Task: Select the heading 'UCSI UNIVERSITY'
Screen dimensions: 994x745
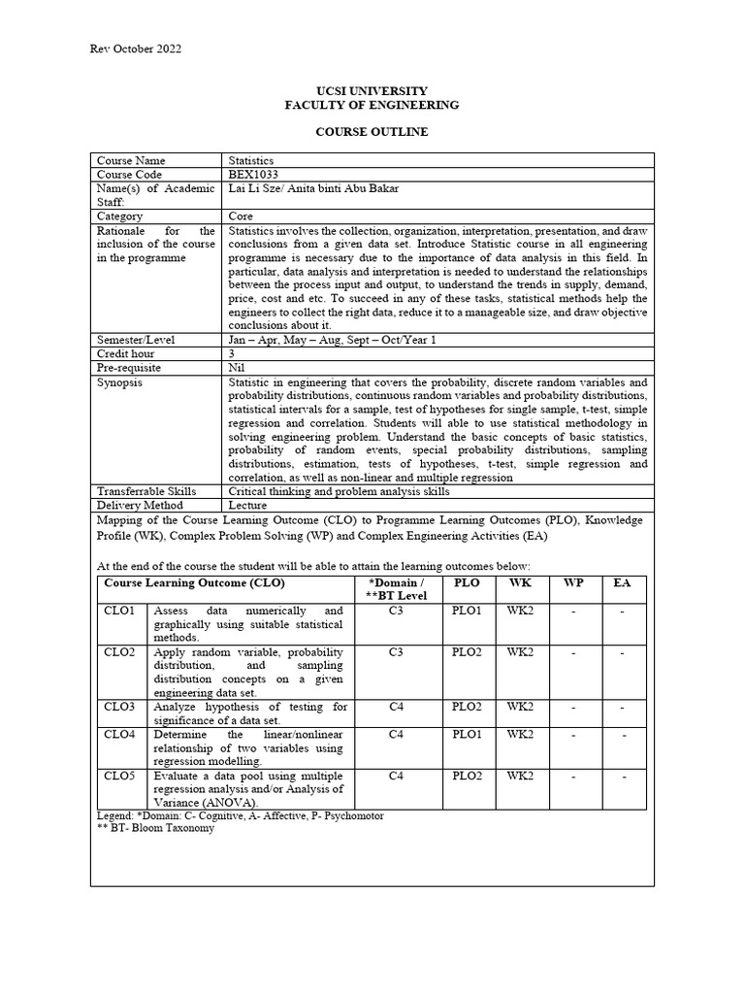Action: (372, 90)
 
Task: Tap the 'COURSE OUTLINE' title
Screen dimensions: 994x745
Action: (372, 131)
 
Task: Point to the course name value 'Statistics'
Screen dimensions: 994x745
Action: (251, 160)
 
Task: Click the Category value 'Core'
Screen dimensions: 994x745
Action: (241, 216)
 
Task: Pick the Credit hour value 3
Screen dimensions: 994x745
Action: (232, 355)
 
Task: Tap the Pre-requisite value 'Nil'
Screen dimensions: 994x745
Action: (236, 369)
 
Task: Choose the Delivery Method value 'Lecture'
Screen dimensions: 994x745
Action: (247, 506)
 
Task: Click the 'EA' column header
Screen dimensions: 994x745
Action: (622, 582)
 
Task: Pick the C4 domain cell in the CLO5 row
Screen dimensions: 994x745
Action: (396, 776)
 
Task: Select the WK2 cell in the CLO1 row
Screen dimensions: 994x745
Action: (520, 611)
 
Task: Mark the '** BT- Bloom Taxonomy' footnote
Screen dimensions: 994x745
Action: (155, 829)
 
